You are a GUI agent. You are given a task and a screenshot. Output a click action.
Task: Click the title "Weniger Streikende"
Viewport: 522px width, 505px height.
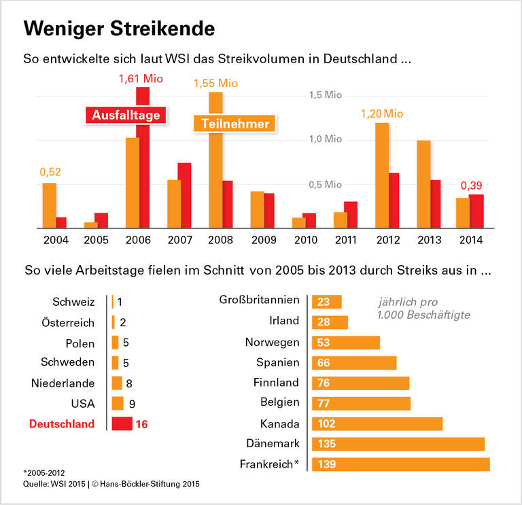(x=119, y=29)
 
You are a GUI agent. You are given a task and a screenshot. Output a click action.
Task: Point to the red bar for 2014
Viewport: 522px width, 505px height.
(x=476, y=211)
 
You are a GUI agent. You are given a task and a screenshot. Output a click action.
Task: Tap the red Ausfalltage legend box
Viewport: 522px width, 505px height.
(x=126, y=115)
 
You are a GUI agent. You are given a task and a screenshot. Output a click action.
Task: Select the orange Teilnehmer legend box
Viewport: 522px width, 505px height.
(x=234, y=124)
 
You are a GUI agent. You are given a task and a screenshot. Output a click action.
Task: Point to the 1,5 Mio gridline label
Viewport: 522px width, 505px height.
(x=324, y=95)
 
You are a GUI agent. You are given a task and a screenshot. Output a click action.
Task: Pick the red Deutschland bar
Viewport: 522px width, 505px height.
(x=122, y=423)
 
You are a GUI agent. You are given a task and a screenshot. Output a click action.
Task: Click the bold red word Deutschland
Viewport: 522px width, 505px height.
(x=62, y=423)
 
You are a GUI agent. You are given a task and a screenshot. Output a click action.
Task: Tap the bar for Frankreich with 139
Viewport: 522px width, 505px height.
(x=400, y=464)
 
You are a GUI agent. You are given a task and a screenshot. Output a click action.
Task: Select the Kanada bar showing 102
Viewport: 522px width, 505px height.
(x=377, y=423)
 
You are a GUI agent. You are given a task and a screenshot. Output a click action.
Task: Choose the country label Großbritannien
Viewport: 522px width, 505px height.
(x=259, y=300)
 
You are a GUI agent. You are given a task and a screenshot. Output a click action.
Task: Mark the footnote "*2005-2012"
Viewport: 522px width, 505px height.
(x=46, y=471)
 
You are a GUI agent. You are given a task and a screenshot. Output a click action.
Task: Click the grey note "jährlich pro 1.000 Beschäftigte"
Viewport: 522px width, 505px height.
(x=423, y=308)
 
